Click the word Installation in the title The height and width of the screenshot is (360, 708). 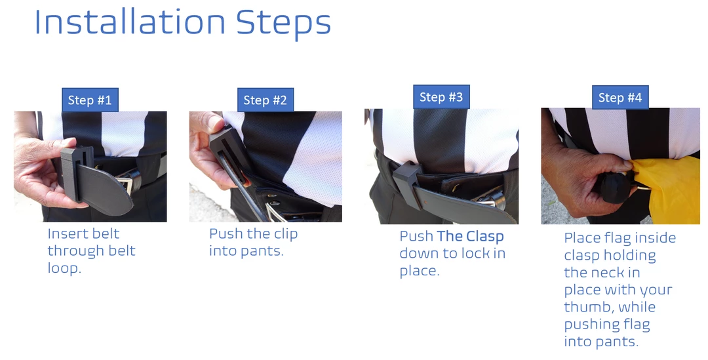pos(130,22)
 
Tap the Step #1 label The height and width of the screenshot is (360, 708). pos(90,100)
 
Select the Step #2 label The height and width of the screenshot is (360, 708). pos(265,100)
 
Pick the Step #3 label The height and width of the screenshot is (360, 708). pos(441,97)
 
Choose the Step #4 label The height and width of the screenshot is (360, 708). pos(620,97)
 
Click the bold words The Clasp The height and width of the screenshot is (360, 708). pos(470,236)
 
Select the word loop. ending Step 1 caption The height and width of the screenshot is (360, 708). pos(64,268)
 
